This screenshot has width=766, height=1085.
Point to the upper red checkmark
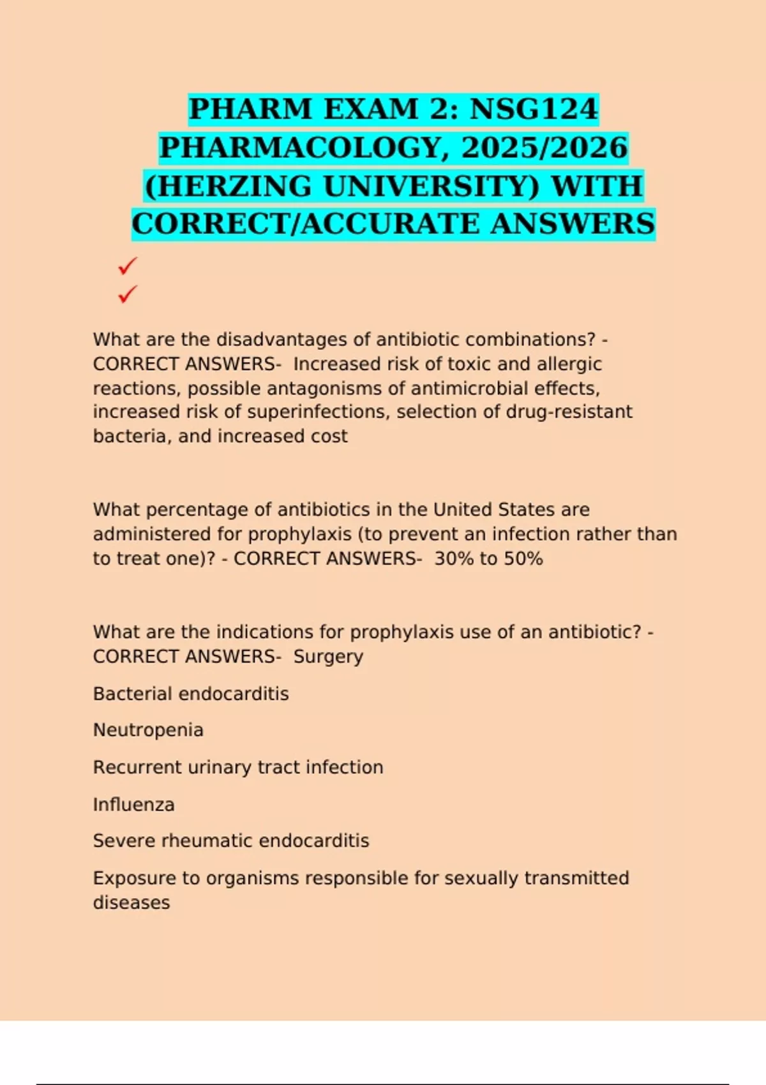click(128, 266)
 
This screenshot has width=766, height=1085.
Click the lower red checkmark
click(128, 294)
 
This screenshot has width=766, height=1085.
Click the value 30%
click(454, 558)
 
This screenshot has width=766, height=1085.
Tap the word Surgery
click(328, 657)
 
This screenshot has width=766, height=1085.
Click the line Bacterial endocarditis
click(191, 694)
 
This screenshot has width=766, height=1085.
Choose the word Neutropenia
click(148, 730)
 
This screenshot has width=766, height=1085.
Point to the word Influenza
click(133, 804)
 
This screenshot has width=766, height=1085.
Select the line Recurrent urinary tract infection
click(238, 767)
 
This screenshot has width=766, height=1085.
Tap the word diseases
click(131, 902)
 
